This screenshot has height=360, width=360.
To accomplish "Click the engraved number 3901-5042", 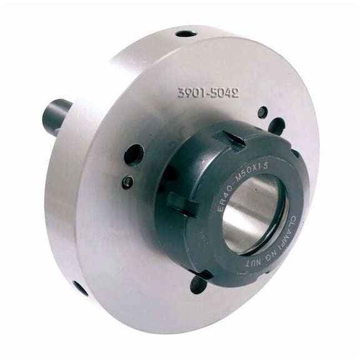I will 208,93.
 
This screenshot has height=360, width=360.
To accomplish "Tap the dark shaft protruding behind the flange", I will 57,116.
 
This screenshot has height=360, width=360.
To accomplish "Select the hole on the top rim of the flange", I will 186,34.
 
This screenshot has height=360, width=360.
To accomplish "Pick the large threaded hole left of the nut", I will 134,154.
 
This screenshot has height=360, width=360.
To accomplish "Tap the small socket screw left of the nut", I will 127,182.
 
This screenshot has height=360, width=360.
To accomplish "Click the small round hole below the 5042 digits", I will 262,112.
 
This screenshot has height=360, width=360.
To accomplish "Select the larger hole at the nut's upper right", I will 276,127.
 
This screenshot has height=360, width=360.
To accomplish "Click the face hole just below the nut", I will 198,285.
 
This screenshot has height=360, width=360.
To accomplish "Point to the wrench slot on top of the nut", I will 234,139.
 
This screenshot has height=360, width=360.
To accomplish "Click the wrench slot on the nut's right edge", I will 294,152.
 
